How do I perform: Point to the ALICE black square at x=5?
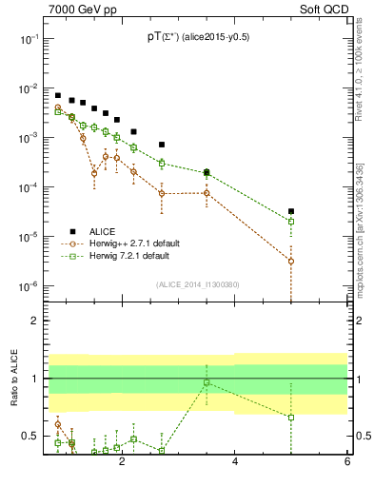291,211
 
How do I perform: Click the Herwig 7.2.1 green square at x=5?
291,222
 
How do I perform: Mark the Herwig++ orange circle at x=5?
291,261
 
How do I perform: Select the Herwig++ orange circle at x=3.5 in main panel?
207,193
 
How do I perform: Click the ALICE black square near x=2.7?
162,145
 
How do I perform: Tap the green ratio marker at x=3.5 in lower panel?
207,382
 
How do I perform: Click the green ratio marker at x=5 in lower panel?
291,417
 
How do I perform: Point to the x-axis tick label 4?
234,462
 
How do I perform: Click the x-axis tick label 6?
346,462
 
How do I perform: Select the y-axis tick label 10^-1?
29,39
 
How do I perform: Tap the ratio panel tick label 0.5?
30,436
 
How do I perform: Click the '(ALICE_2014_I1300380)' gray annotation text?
196,283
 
